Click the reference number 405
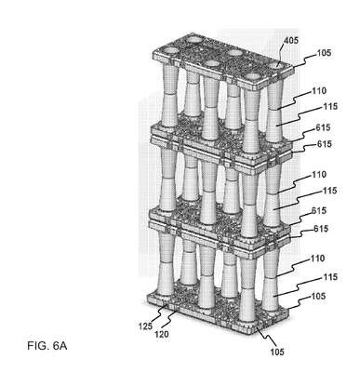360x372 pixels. click(291, 40)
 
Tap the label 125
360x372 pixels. click(145, 325)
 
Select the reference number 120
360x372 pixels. click(162, 334)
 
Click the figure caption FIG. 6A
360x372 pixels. click(47, 346)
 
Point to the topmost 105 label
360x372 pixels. click(324, 53)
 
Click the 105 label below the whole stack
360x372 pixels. click(277, 352)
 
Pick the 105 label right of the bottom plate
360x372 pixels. click(318, 297)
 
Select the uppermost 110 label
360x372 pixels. click(319, 91)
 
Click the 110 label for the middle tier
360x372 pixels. click(319, 175)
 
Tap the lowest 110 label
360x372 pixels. click(317, 259)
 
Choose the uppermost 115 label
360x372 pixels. click(330, 106)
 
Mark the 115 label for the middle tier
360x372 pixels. click(329, 191)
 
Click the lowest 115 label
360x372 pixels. click(329, 277)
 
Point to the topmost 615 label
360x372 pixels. click(324, 127)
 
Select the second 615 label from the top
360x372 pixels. click(324, 144)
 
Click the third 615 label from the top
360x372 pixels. click(320, 210)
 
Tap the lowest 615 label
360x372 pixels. click(321, 229)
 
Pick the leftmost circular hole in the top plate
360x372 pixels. click(168, 50)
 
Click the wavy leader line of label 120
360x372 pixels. click(171, 320)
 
